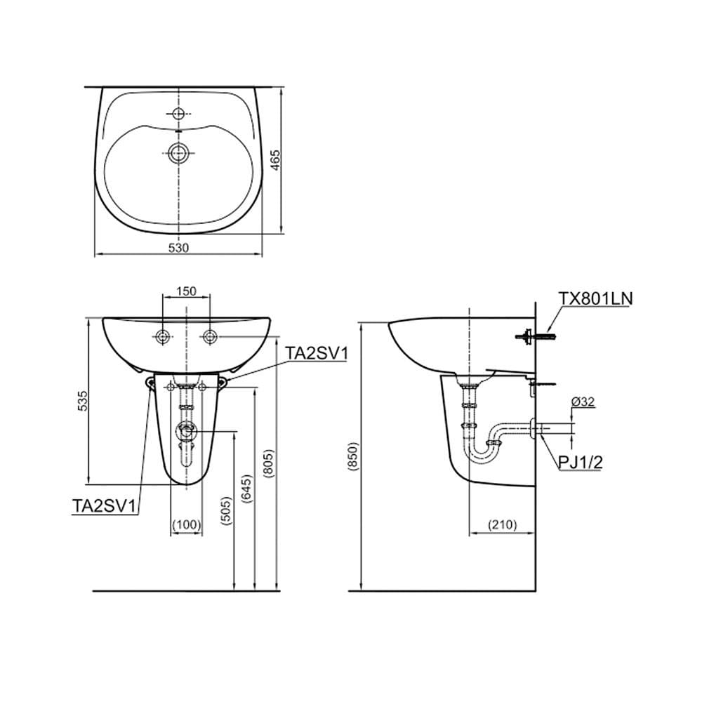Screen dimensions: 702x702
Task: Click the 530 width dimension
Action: tap(178, 248)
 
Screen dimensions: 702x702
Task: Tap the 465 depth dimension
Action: tap(276, 160)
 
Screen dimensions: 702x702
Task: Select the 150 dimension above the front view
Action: tap(186, 291)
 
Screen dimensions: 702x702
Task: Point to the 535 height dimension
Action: tap(83, 401)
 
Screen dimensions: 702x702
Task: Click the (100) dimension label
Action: tap(187, 524)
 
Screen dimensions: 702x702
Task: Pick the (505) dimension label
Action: tap(227, 510)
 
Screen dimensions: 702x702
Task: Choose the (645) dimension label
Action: tap(246, 489)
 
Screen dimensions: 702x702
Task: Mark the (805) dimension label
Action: tap(268, 463)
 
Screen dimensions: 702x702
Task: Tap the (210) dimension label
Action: tap(503, 524)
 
